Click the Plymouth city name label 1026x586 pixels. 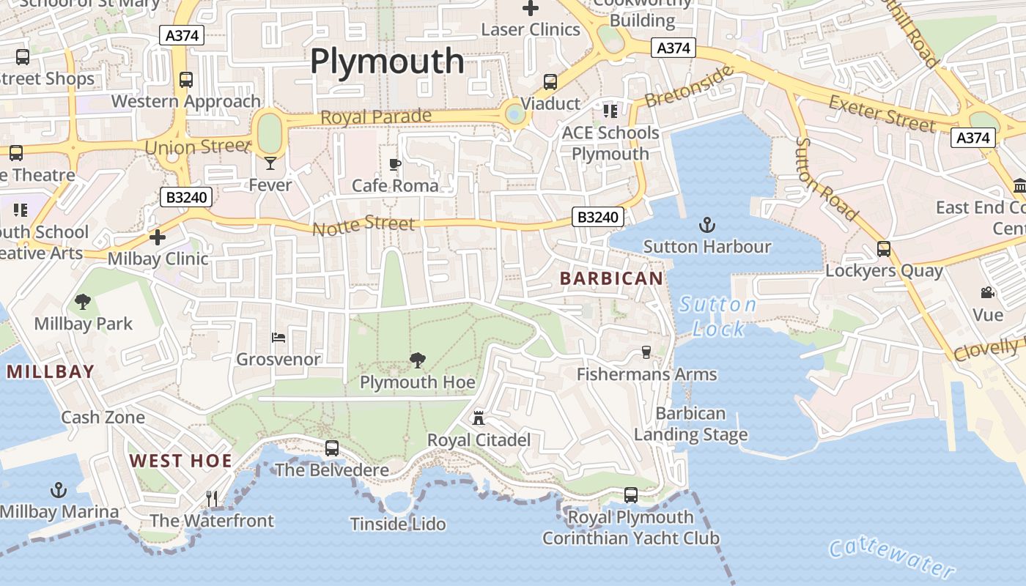click(387, 61)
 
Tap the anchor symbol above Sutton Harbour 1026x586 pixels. click(707, 225)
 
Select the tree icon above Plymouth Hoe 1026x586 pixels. click(417, 360)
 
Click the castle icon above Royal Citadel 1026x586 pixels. click(479, 418)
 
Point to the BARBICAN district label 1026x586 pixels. click(611, 278)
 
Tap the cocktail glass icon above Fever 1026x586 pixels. click(270, 163)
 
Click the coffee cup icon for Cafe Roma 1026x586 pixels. click(395, 164)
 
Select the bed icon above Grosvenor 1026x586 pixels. click(278, 337)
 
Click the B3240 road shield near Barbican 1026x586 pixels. click(598, 217)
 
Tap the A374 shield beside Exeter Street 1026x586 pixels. click(973, 138)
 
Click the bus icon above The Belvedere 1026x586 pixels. click(332, 448)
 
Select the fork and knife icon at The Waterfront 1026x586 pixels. click(212, 499)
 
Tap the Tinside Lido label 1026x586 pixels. click(398, 524)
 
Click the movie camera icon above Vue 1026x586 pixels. click(987, 293)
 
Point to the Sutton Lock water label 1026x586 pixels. click(717, 316)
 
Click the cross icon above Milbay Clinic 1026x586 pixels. click(158, 237)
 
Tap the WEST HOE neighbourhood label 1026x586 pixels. click(180, 461)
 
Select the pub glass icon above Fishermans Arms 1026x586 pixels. click(646, 352)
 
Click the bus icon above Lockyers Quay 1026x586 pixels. click(884, 249)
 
